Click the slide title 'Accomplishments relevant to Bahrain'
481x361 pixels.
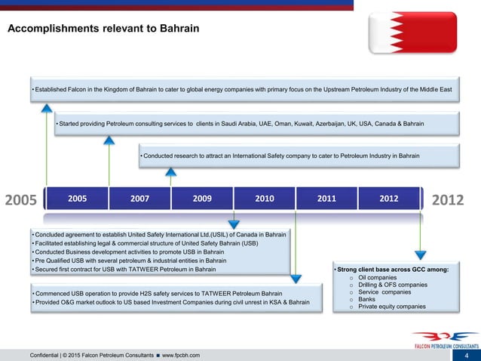tap(103, 29)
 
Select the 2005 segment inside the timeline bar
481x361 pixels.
tap(77, 199)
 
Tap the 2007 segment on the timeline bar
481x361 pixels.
tap(139, 199)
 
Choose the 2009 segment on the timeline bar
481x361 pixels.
tap(202, 199)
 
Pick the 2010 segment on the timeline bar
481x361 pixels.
tap(264, 199)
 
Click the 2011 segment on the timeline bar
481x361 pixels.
tap(326, 199)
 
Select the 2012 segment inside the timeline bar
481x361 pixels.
tap(389, 199)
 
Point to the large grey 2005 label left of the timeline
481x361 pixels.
tap(21, 200)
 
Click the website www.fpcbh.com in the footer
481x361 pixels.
tap(182, 355)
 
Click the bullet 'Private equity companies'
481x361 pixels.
tap(392, 307)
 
